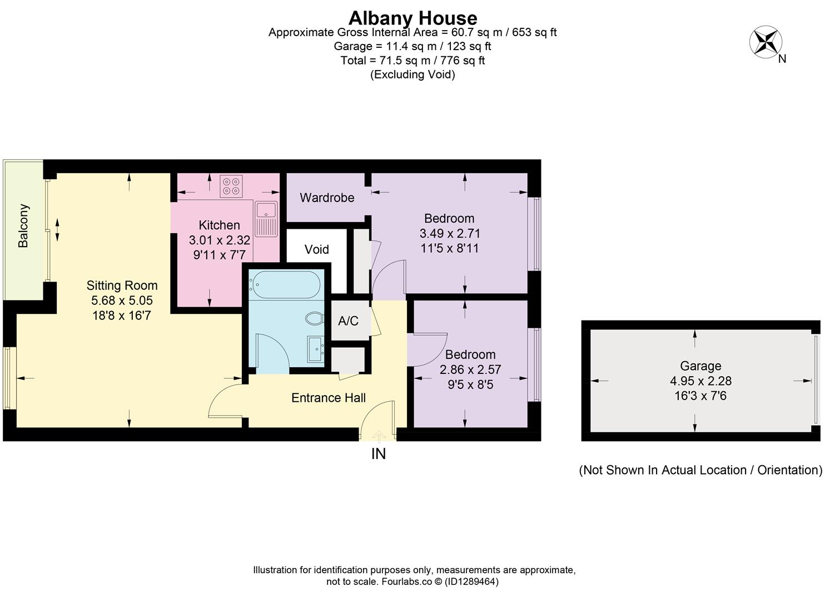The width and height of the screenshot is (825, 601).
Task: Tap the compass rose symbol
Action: (x=766, y=42)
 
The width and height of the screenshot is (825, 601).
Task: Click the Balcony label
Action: (x=23, y=226)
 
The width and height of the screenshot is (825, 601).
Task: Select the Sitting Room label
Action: (x=122, y=285)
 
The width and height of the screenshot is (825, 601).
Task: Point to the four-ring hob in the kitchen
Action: (x=231, y=186)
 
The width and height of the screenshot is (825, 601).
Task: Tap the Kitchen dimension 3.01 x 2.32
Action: (x=219, y=240)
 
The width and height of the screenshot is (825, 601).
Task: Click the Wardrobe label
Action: (x=327, y=198)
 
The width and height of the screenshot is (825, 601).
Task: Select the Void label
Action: (x=316, y=249)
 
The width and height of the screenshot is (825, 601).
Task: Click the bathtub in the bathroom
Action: (x=284, y=285)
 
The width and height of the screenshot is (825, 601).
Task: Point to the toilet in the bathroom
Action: (x=314, y=319)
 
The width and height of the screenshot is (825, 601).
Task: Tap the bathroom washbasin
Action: (x=316, y=350)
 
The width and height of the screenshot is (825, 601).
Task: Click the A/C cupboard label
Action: (x=349, y=321)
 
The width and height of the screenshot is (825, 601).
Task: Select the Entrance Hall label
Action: (x=329, y=398)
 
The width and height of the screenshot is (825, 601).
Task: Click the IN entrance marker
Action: (x=378, y=454)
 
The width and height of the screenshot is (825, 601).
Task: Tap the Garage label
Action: (x=700, y=366)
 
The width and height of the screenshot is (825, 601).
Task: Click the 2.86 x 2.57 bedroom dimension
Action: (x=470, y=370)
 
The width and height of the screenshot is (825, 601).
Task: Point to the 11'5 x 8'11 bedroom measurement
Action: (x=449, y=248)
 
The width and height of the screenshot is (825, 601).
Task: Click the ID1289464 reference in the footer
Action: (x=473, y=582)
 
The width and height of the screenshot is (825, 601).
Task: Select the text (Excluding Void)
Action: (x=412, y=75)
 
